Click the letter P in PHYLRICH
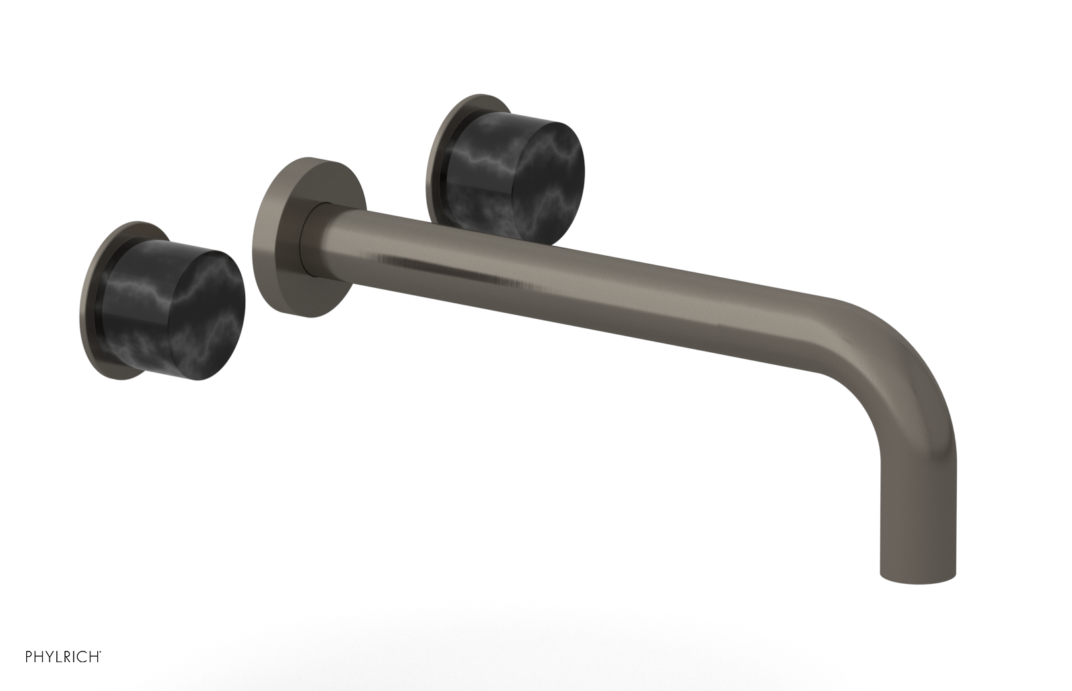(11, 671)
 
